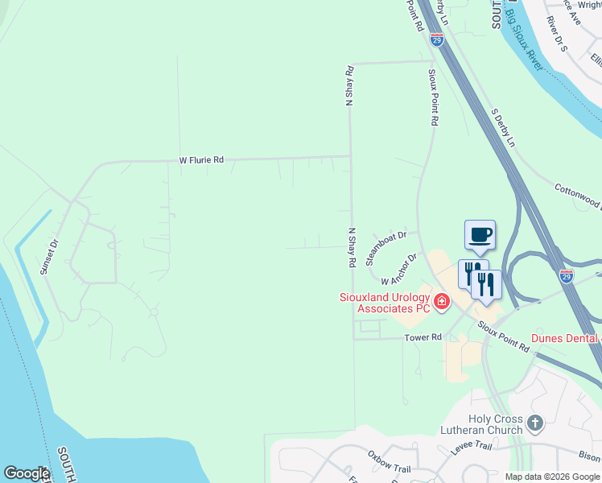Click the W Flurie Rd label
click(201, 161)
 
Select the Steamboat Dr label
click(387, 248)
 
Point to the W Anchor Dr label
click(399, 270)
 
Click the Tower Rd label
click(425, 337)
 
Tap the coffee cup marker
click(480, 234)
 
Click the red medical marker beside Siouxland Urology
click(442, 303)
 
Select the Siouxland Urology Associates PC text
click(384, 303)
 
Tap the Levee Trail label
click(472, 444)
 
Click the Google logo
click(27, 473)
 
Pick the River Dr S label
click(557, 32)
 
